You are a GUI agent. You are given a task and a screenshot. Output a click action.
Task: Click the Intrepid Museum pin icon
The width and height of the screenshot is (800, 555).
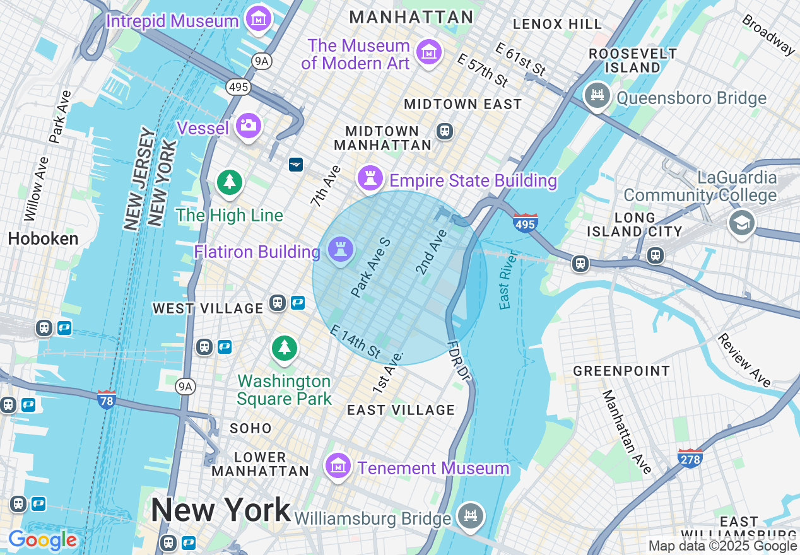point(259,19)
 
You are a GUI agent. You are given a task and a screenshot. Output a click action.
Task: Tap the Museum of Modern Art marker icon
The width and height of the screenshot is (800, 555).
point(430,52)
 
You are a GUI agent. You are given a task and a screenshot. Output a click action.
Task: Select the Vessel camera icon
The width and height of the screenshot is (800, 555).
point(249,125)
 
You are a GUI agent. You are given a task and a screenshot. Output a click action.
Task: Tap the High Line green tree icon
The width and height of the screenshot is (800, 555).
point(230,182)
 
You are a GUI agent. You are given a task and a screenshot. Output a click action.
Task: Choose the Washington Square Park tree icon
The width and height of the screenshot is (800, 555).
point(285,348)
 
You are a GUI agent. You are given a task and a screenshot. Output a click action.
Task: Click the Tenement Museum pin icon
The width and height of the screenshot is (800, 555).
point(338,466)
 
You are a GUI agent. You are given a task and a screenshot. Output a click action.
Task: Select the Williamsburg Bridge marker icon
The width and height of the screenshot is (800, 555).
point(471,515)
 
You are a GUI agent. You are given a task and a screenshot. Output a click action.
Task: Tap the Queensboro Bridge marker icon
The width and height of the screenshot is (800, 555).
point(597,96)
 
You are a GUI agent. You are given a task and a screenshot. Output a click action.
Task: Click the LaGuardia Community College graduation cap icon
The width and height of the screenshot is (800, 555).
point(741,223)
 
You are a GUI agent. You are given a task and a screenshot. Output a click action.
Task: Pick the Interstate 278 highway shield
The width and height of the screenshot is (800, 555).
point(690,459)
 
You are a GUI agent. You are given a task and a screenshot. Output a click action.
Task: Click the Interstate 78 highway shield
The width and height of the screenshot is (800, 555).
point(107,400)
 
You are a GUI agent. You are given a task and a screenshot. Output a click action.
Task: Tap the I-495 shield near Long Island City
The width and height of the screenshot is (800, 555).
point(525,223)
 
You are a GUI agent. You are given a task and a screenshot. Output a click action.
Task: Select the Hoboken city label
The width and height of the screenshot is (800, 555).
point(43,238)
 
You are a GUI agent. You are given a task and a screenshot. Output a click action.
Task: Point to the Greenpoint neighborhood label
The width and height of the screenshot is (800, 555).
point(621,371)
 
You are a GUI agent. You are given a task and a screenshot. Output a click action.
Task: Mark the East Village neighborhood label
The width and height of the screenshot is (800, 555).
point(401,410)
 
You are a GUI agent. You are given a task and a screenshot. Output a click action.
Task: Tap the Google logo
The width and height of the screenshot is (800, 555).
point(43,540)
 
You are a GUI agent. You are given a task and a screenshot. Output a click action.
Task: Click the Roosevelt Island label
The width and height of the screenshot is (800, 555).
point(625,61)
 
